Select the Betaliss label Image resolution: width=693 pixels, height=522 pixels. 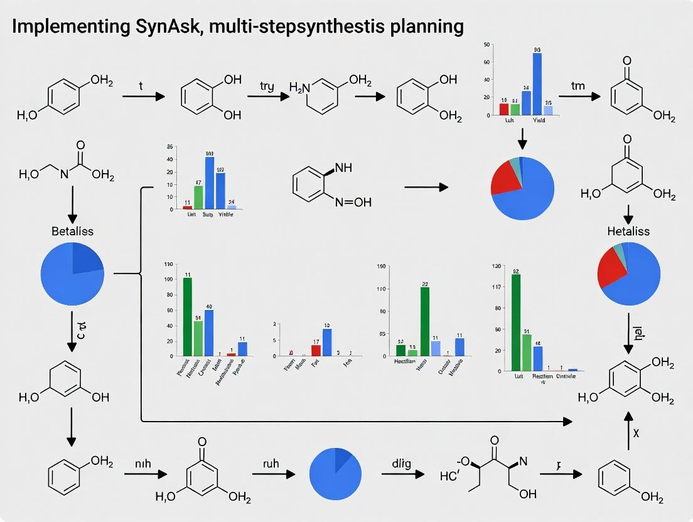[x=72, y=231]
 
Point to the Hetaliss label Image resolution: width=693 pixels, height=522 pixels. [x=628, y=231]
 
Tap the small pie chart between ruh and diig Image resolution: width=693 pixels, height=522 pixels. [x=335, y=473]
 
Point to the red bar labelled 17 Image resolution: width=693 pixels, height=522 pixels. [x=316, y=350]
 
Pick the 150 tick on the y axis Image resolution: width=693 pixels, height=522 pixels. [x=380, y=267]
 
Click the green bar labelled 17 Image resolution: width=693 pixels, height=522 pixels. [x=198, y=197]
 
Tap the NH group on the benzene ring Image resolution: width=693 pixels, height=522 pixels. [x=344, y=168]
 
